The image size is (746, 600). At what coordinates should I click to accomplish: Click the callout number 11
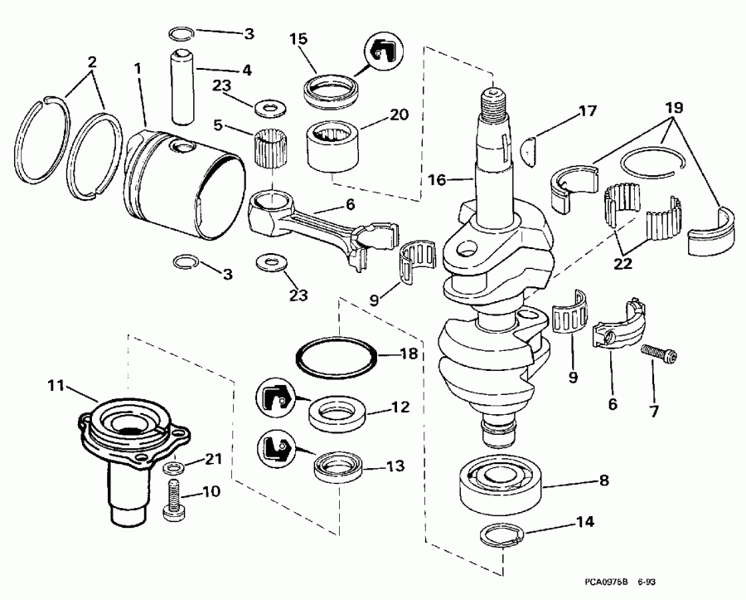tap(55, 385)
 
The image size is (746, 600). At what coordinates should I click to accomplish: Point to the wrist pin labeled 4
tap(182, 84)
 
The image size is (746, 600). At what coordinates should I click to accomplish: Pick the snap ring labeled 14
tap(501, 535)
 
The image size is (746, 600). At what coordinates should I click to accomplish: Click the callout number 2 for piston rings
tap(91, 61)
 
